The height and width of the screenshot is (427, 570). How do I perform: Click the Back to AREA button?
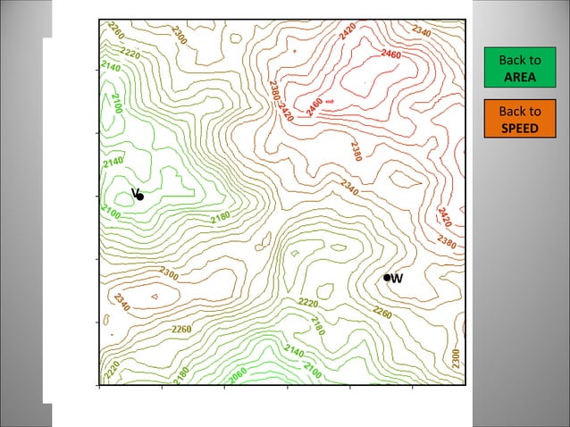click(519, 69)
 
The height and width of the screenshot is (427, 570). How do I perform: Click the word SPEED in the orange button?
click(519, 128)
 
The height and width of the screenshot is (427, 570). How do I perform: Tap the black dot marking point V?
click(140, 196)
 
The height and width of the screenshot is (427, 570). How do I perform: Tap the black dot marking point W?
click(387, 278)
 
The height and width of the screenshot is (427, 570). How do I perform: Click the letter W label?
click(397, 278)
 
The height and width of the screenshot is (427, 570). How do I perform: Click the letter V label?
click(134, 193)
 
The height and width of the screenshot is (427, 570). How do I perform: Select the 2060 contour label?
click(239, 376)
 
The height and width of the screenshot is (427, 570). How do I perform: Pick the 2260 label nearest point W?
click(382, 313)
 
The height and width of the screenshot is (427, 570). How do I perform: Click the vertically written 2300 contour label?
click(456, 358)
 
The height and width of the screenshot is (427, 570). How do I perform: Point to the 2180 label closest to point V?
click(221, 218)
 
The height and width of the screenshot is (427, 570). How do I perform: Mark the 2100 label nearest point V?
click(111, 212)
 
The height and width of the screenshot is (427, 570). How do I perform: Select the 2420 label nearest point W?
click(444, 216)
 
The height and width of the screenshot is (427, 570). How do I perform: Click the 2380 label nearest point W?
click(447, 242)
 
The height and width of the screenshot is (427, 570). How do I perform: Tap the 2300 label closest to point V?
click(168, 273)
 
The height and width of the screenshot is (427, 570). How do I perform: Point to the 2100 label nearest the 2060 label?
click(313, 367)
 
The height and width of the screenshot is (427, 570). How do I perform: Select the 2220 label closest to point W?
click(308, 304)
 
